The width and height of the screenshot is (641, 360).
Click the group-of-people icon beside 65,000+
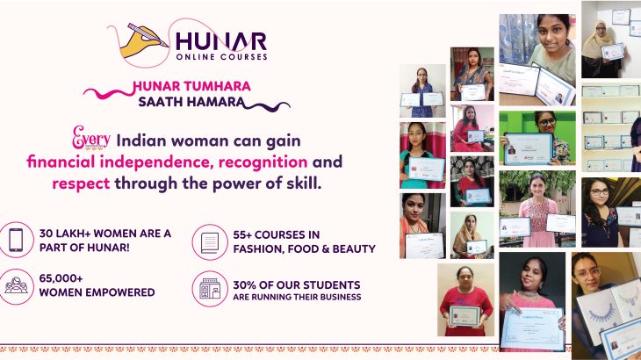(x=18, y=287)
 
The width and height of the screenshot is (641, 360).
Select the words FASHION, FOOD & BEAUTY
(x=299, y=249)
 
